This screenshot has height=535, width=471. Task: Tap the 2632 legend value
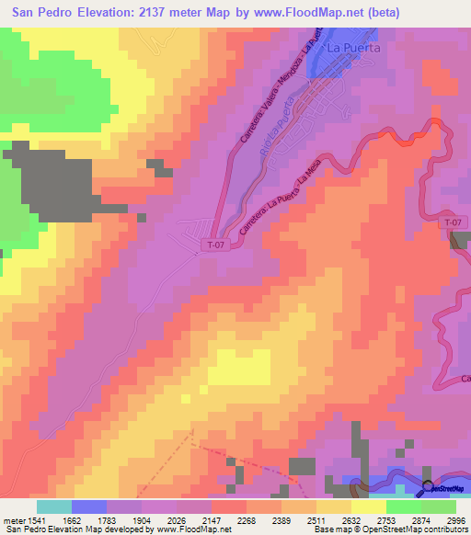pos(341,519)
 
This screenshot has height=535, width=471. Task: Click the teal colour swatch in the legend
pos(54,507)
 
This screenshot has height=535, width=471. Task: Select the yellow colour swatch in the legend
pos(369,507)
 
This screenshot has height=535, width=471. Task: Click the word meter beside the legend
pos(13,519)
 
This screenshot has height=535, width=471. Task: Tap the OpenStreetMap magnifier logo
pos(429,487)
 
